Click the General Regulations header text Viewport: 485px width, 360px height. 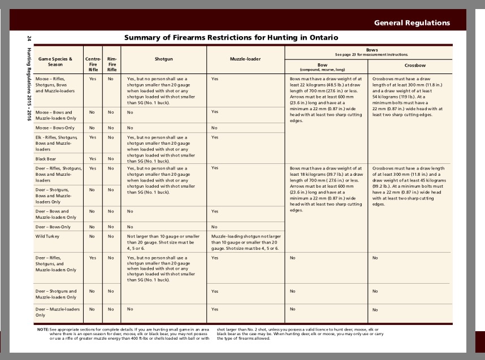point(412,23)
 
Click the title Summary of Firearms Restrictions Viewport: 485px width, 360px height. point(231,37)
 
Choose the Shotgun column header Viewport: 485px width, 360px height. point(164,58)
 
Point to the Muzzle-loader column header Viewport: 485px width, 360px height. point(245,58)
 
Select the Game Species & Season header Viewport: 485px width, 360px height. point(55,61)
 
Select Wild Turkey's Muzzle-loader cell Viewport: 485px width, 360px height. point(246,242)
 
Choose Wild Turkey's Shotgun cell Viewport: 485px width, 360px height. point(163,242)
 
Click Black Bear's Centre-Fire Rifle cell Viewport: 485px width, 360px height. point(93,159)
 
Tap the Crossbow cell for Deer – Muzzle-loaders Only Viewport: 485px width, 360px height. point(375,310)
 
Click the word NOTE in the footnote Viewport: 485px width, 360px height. point(43,329)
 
